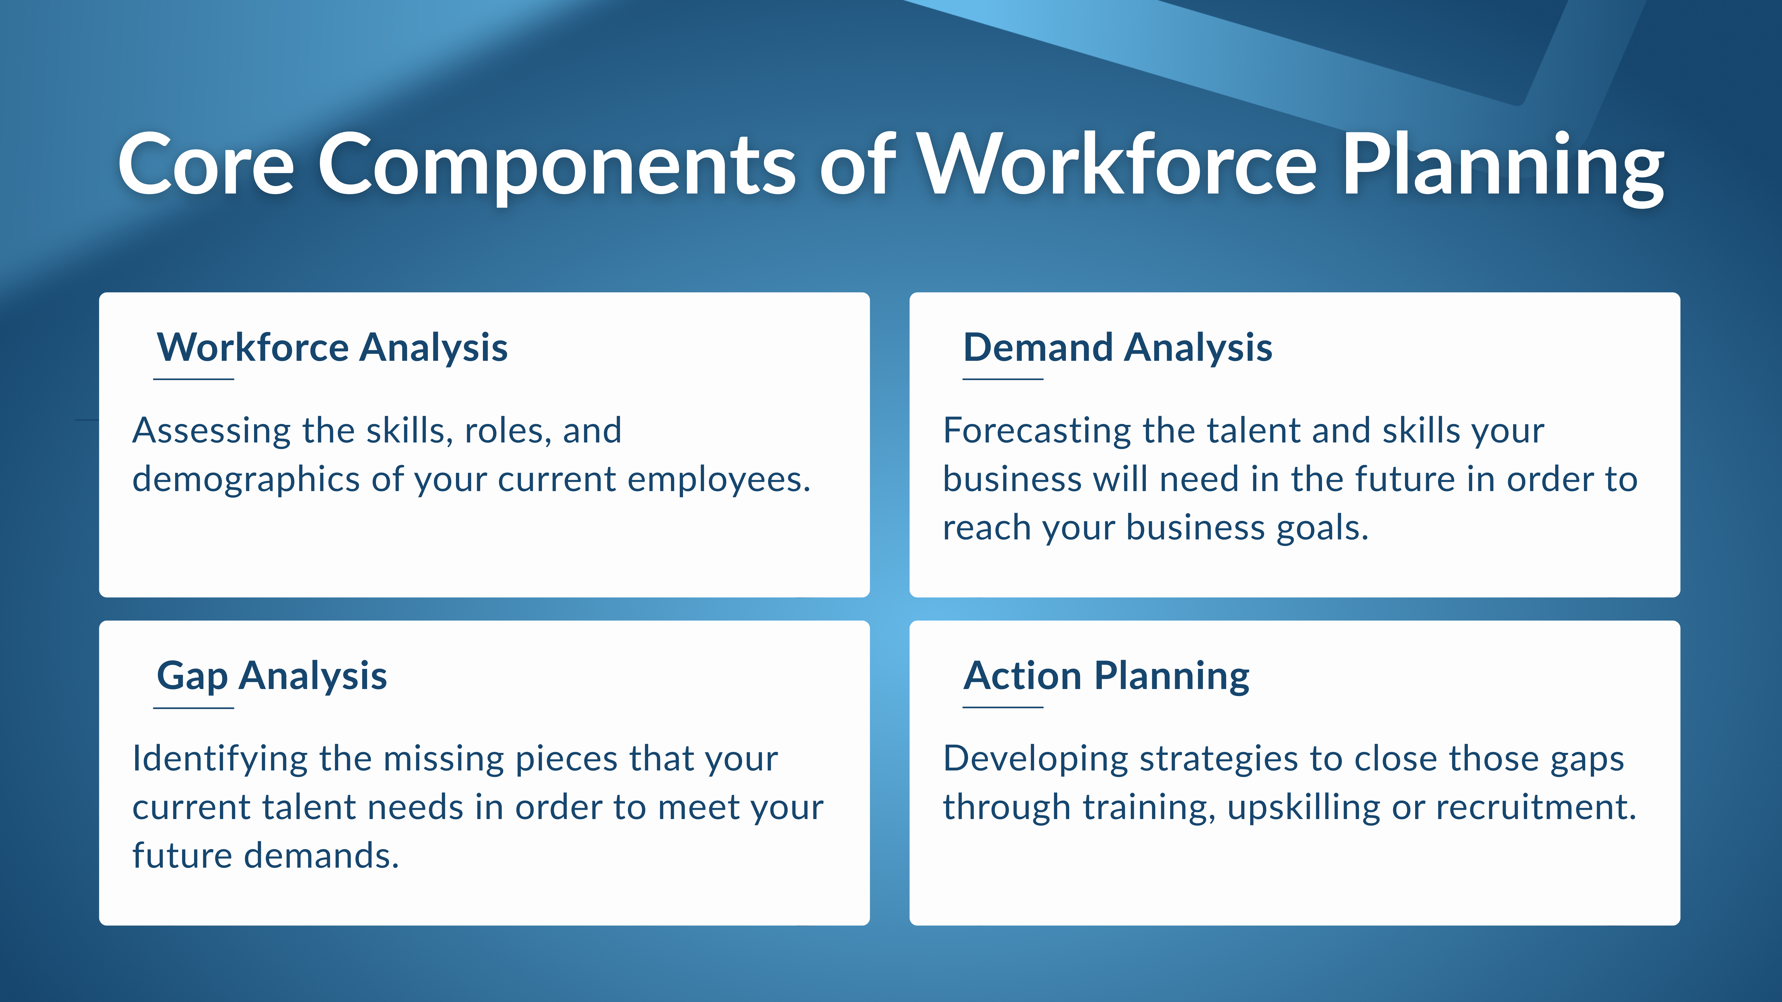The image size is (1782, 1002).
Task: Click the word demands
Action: tap(322, 856)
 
